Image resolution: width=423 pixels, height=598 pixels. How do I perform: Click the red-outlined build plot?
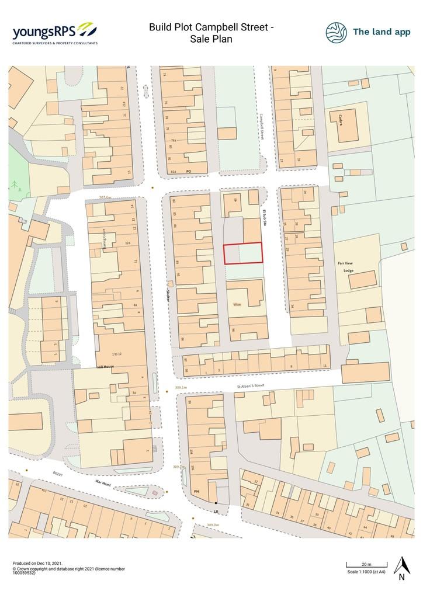pos(243,253)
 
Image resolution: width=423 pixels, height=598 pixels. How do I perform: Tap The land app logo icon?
pos(336,33)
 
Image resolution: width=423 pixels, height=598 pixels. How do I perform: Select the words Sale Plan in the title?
pos(211,39)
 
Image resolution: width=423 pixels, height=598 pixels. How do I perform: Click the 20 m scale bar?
pos(366,564)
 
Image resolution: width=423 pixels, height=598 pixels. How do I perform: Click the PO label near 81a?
pos(189,171)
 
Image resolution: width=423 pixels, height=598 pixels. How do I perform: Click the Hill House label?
pos(105,367)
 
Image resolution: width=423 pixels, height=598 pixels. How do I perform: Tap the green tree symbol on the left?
pos(13,186)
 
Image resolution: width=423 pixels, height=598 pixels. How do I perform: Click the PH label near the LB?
pos(196,492)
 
